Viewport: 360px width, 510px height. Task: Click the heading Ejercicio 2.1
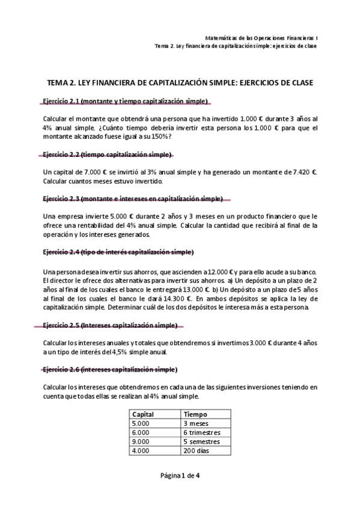pyautogui.click(x=126, y=100)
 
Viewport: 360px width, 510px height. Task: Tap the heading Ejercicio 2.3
pyautogui.click(x=133, y=199)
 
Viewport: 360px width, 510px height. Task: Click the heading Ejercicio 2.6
pyautogui.click(x=111, y=369)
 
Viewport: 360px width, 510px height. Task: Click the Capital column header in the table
pyautogui.click(x=143, y=414)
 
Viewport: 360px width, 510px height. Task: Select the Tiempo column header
pyautogui.click(x=195, y=414)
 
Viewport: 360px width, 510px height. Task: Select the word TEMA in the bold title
pyautogui.click(x=59, y=82)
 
